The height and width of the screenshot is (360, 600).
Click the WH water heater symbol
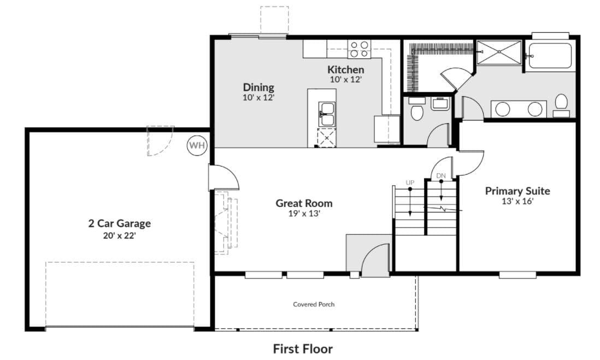[x=197, y=145]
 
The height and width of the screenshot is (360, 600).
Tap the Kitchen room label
[x=345, y=69]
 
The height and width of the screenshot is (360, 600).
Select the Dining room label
[x=258, y=87]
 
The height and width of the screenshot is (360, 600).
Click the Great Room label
[x=304, y=203]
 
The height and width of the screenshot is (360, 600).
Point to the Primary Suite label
[x=517, y=191]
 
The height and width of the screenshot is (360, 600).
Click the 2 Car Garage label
[x=119, y=223]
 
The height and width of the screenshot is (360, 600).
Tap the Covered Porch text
[x=314, y=304]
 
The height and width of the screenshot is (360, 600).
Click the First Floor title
[x=303, y=349]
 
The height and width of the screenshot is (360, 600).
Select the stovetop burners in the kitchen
[x=360, y=49]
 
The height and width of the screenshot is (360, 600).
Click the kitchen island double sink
[x=327, y=114]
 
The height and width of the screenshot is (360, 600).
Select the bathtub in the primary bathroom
[x=550, y=56]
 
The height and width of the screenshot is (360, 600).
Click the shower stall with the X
[x=499, y=52]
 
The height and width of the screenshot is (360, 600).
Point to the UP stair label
[x=410, y=183]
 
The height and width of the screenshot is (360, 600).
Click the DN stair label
[x=441, y=176]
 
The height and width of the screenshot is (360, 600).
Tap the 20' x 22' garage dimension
[x=119, y=235]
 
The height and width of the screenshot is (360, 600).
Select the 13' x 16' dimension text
[x=517, y=201]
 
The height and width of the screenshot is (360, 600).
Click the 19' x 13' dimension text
[x=304, y=214]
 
